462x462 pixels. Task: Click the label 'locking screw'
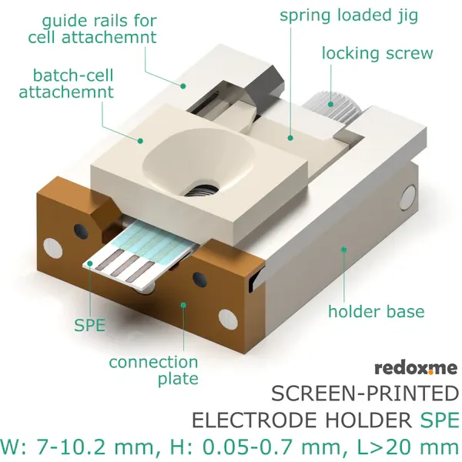(x=377, y=54)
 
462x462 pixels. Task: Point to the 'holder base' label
(x=376, y=311)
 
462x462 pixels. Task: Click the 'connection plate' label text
(x=153, y=370)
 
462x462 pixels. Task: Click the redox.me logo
(x=416, y=368)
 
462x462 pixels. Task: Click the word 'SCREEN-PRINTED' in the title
(x=364, y=394)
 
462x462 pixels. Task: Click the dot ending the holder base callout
(x=343, y=249)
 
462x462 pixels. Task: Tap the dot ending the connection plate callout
(x=183, y=305)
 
